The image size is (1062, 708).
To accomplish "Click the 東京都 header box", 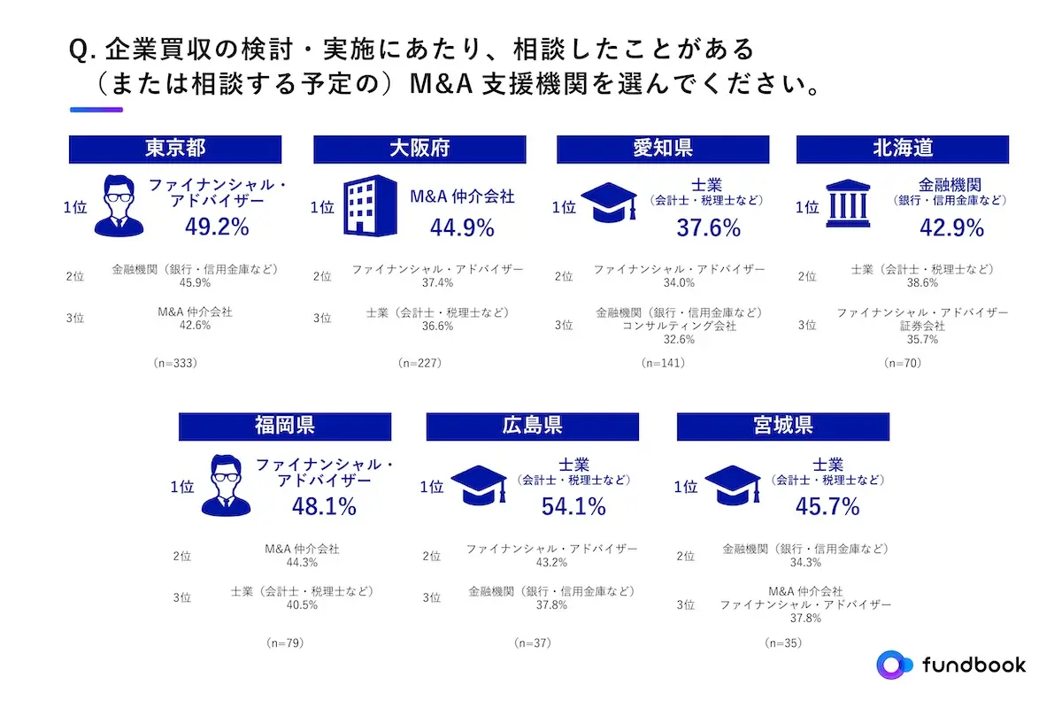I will (x=174, y=149).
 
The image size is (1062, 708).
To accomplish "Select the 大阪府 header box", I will (x=419, y=149).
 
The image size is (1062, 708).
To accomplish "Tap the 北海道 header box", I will (x=902, y=149).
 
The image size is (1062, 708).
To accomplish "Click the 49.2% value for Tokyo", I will (x=217, y=227).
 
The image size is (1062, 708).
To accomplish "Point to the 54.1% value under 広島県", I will (x=573, y=506).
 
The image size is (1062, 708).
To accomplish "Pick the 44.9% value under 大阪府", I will (x=461, y=228).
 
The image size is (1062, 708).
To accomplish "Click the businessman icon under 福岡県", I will (x=226, y=485).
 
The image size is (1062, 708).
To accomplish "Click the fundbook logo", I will (x=952, y=664).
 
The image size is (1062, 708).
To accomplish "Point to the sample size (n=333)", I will (x=174, y=363).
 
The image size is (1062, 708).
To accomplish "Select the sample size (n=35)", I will (x=782, y=643).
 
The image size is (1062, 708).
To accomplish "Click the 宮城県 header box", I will (x=782, y=427).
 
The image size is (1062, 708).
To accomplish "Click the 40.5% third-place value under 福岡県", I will (x=302, y=604).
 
